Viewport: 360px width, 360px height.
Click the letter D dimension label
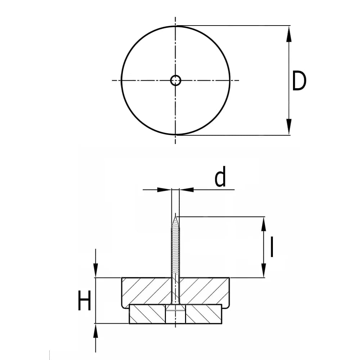click(299, 81)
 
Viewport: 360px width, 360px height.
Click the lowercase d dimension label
click(220, 176)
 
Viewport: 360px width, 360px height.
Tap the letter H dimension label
click(85, 300)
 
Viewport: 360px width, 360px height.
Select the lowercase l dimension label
click(272, 247)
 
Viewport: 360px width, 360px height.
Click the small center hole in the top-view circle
click(176, 80)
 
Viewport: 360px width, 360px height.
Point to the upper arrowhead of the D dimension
click(289, 34)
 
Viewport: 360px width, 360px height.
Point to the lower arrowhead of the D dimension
click(289, 127)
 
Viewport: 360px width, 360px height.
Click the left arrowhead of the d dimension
click(164, 190)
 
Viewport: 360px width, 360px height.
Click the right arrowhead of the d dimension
click(187, 190)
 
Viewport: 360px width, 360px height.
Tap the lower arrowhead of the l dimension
click(264, 270)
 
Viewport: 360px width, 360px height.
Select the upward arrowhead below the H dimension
click(95, 331)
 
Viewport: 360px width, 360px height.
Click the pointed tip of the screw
click(176, 214)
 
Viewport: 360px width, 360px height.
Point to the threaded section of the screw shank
click(176, 249)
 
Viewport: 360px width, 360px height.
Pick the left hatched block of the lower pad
click(147, 314)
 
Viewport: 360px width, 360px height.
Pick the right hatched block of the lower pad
click(204, 314)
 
